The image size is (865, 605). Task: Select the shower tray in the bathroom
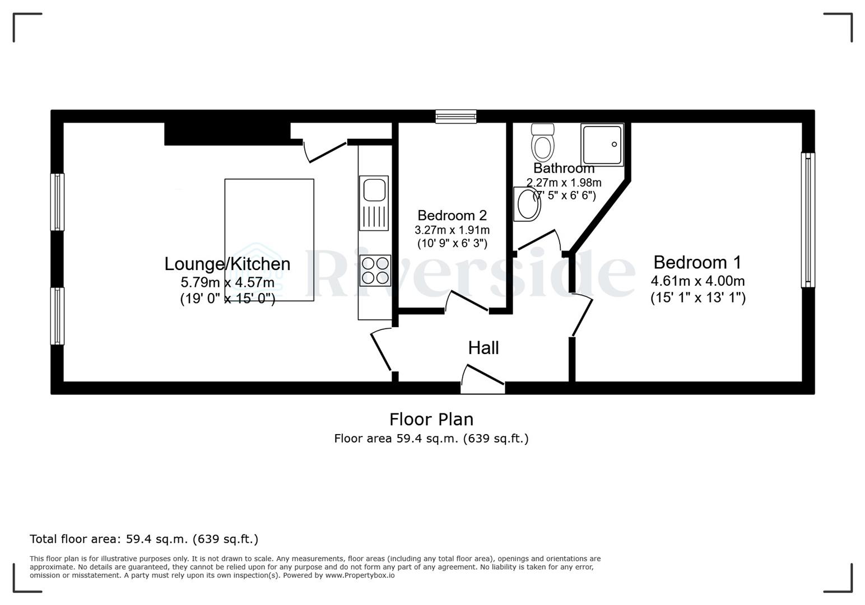coord(602,145)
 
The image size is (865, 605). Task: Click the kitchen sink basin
coord(374,189)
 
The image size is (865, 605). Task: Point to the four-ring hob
coord(375,270)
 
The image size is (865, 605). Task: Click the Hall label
coord(483,348)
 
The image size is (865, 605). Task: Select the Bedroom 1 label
coord(697,262)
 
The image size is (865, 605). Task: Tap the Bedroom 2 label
coord(452,215)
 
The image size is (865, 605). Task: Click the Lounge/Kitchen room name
coord(227,264)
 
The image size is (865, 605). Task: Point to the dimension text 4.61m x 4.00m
coord(697,281)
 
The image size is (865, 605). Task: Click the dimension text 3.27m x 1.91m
coord(452,230)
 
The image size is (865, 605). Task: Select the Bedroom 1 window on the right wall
coord(808,220)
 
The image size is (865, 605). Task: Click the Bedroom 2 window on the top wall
coord(456,117)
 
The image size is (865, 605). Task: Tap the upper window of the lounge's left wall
coord(57,202)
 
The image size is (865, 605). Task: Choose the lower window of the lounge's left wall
coord(57,316)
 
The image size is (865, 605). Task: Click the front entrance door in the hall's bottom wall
coord(483,378)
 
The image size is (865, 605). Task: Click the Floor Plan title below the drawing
coord(431,419)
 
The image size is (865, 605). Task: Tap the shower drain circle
coord(614,145)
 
